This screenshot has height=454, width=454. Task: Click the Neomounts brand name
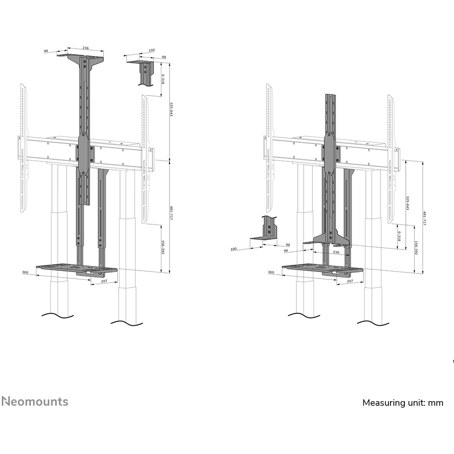(34, 401)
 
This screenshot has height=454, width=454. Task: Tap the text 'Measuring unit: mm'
(403, 403)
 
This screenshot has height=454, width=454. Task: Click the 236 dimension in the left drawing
(85, 48)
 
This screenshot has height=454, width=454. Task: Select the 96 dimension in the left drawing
(46, 51)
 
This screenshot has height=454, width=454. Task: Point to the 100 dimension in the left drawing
(152, 51)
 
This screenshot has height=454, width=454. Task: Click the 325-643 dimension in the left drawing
(171, 109)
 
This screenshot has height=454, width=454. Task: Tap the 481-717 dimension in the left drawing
(171, 213)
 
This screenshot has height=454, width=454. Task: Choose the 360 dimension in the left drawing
(25, 272)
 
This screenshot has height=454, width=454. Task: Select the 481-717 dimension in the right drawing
(424, 218)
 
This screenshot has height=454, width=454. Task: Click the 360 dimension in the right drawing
(271, 272)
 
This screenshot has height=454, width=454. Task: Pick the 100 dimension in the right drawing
(234, 249)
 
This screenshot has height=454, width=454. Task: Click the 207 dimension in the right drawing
(350, 280)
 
